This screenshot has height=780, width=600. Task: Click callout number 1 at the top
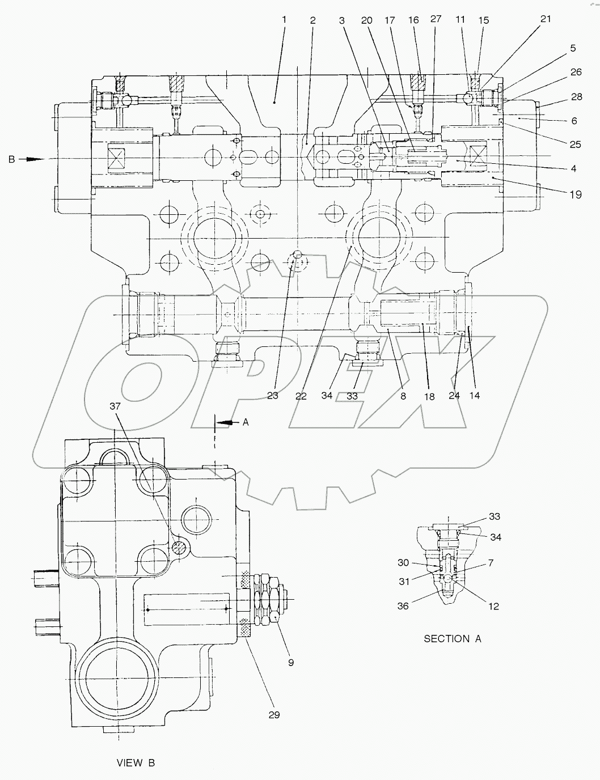point(284,20)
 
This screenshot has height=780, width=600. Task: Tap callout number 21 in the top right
point(545,19)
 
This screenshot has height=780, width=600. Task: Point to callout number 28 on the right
point(576,97)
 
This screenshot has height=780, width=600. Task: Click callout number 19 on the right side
point(576,194)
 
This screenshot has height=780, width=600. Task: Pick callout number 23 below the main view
point(273,396)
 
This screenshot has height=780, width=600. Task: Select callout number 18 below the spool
point(429,397)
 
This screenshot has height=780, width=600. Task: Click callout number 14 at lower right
point(474,395)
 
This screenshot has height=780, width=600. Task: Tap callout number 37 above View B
point(115,406)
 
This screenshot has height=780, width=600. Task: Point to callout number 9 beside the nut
point(290,662)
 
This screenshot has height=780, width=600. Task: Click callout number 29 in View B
point(274,715)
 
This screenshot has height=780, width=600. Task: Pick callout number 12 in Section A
point(493,606)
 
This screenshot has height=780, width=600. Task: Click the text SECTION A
point(452,639)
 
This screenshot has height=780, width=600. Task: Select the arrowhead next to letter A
point(226,422)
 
